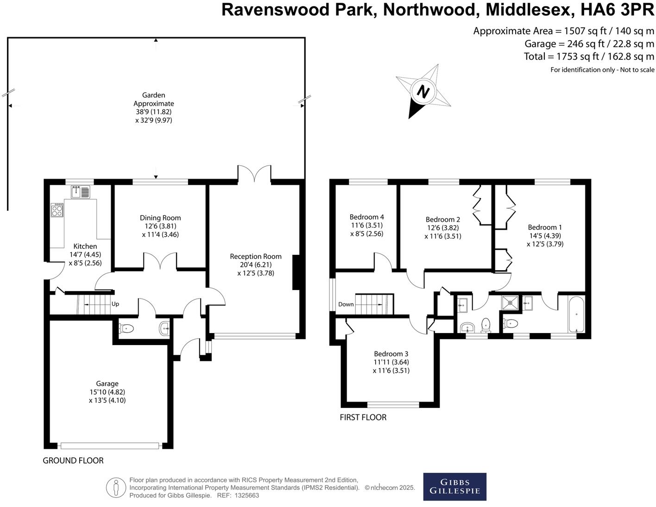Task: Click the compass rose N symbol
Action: click(422, 91)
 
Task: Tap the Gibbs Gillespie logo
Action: click(454, 486)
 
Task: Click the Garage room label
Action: click(107, 383)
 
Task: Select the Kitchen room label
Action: click(85, 246)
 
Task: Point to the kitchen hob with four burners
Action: click(57, 210)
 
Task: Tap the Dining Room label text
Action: click(160, 218)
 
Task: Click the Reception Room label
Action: click(256, 256)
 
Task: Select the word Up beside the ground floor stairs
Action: click(115, 304)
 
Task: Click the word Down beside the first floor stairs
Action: click(346, 304)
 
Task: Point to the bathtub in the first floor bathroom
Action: click(576, 315)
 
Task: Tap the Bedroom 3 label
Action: click(391, 354)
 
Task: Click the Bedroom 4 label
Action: click(366, 216)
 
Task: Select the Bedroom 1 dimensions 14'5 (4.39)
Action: click(545, 235)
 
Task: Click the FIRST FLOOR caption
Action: click(363, 417)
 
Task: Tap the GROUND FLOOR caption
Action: click(73, 460)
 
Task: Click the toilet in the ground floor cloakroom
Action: click(126, 328)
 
